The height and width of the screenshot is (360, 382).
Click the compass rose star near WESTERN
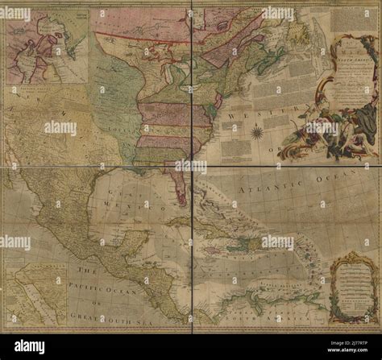[x=257, y=130]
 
